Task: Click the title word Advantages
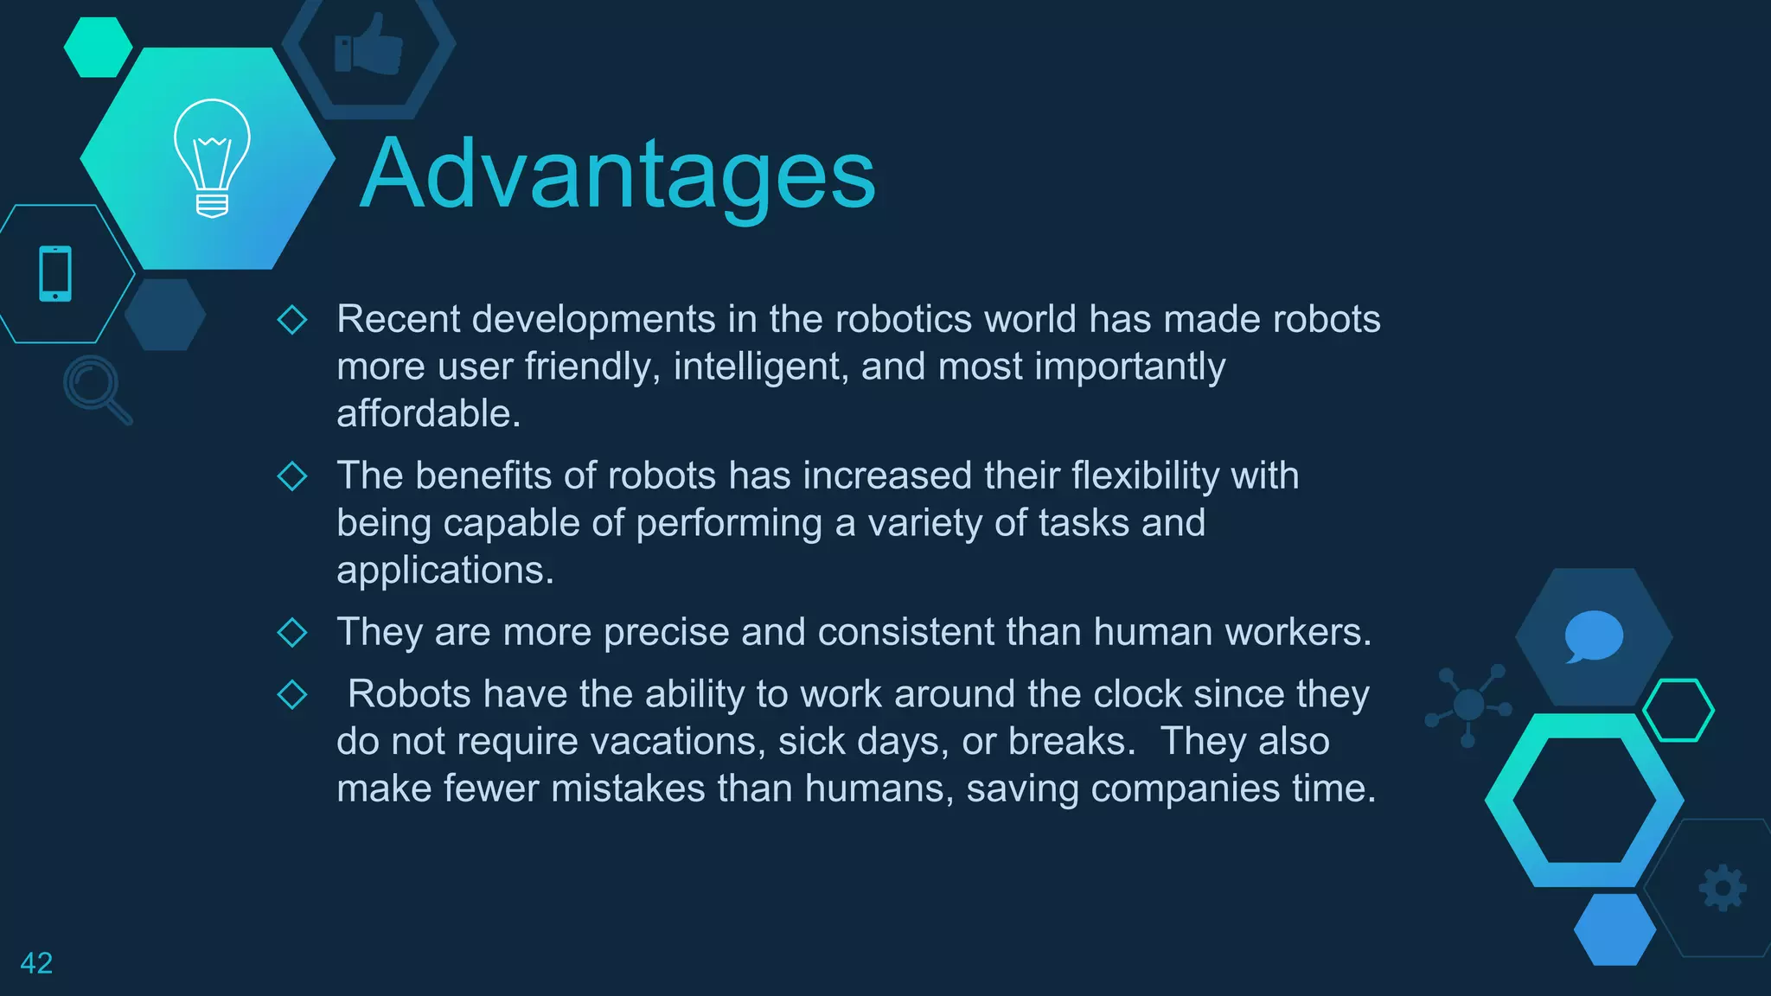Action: [617, 176]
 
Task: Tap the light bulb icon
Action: [212, 156]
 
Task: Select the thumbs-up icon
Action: [369, 46]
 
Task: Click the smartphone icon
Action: [55, 274]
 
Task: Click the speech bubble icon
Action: [1593, 636]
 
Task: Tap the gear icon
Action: [1723, 887]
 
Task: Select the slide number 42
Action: [36, 962]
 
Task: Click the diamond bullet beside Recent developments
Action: [292, 319]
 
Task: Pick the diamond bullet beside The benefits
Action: [292, 476]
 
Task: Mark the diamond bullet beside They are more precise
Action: [292, 632]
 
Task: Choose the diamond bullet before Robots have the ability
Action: [292, 694]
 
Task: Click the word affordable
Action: [427, 413]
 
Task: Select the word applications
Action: [444, 571]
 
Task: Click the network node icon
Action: [1468, 705]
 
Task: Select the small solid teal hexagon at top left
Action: [98, 48]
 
